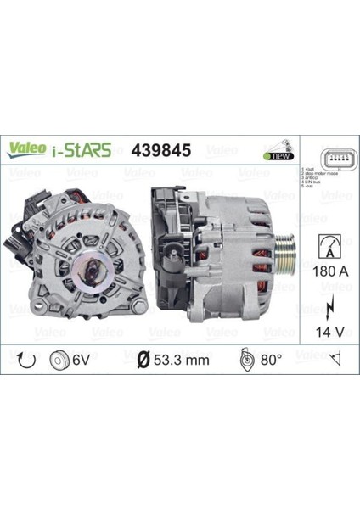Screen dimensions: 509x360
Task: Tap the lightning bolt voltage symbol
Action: point(329,302)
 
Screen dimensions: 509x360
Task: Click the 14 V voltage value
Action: point(329,327)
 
